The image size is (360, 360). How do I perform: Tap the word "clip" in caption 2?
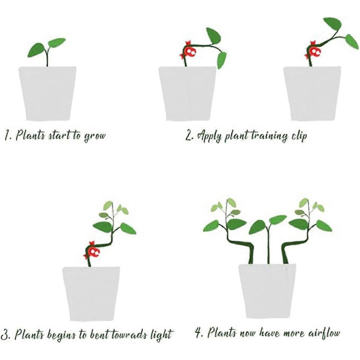pyautogui.click(x=299, y=136)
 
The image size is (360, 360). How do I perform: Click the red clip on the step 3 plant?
pyautogui.click(x=92, y=251)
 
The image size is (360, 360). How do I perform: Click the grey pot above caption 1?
pyautogui.click(x=48, y=93)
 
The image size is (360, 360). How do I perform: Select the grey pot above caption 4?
pyautogui.click(x=267, y=291)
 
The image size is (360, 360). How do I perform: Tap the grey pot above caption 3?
pyautogui.click(x=91, y=294)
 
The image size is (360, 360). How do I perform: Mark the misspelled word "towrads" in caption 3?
pyautogui.click(x=130, y=334)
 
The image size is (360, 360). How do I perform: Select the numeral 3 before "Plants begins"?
pyautogui.click(x=5, y=335)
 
